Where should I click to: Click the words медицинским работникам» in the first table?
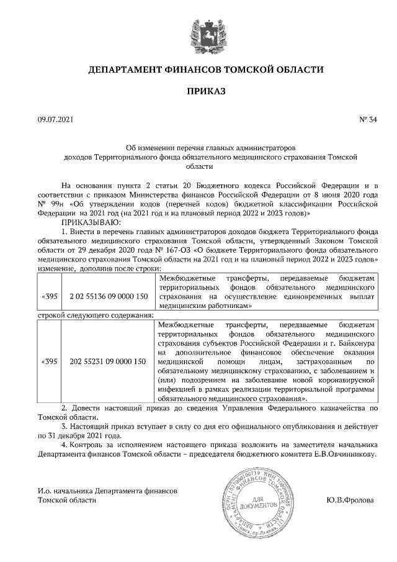205,306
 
